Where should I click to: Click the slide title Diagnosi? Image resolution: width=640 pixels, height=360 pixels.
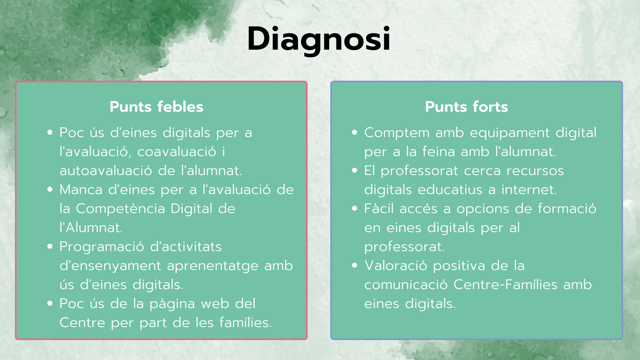point(319,39)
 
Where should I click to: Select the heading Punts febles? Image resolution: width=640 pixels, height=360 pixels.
point(156,107)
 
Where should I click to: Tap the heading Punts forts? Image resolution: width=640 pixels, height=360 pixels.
point(466,107)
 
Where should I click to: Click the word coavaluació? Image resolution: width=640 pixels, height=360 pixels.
point(177,152)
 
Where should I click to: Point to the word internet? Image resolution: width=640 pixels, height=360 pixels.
point(529,190)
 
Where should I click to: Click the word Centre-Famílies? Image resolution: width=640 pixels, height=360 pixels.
point(505,285)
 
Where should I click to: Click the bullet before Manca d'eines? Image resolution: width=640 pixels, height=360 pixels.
point(50,190)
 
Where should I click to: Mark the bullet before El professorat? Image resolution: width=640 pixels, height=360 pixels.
point(355,171)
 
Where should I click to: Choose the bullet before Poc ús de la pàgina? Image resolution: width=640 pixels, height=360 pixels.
point(50,304)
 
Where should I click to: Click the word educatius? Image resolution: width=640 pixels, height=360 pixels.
point(450,190)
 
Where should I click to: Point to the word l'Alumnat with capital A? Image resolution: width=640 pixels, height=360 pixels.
point(91,228)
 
